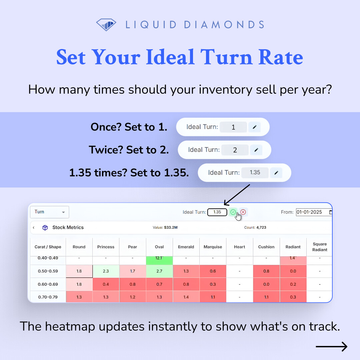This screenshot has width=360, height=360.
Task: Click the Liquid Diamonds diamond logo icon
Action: click(x=106, y=24)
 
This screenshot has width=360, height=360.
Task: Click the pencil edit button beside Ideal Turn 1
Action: click(x=255, y=127)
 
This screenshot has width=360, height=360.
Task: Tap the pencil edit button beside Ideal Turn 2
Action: click(x=256, y=150)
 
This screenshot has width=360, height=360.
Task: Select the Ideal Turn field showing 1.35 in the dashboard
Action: click(x=217, y=212)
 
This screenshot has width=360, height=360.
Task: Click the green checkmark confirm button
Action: click(x=233, y=212)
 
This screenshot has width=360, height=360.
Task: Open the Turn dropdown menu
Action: click(x=49, y=212)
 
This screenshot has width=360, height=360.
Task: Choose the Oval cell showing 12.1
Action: click(x=159, y=259)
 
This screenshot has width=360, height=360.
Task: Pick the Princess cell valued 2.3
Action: click(x=106, y=271)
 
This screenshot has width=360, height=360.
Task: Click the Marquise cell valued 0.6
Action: click(x=213, y=271)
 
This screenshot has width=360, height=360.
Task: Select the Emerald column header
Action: click(x=186, y=247)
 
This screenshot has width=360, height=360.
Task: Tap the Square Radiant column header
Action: click(x=320, y=247)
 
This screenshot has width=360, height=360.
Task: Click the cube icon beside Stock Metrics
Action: click(x=45, y=228)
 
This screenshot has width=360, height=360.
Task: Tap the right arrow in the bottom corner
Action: click(x=331, y=347)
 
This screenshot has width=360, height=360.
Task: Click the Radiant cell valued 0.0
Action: click(x=293, y=271)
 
